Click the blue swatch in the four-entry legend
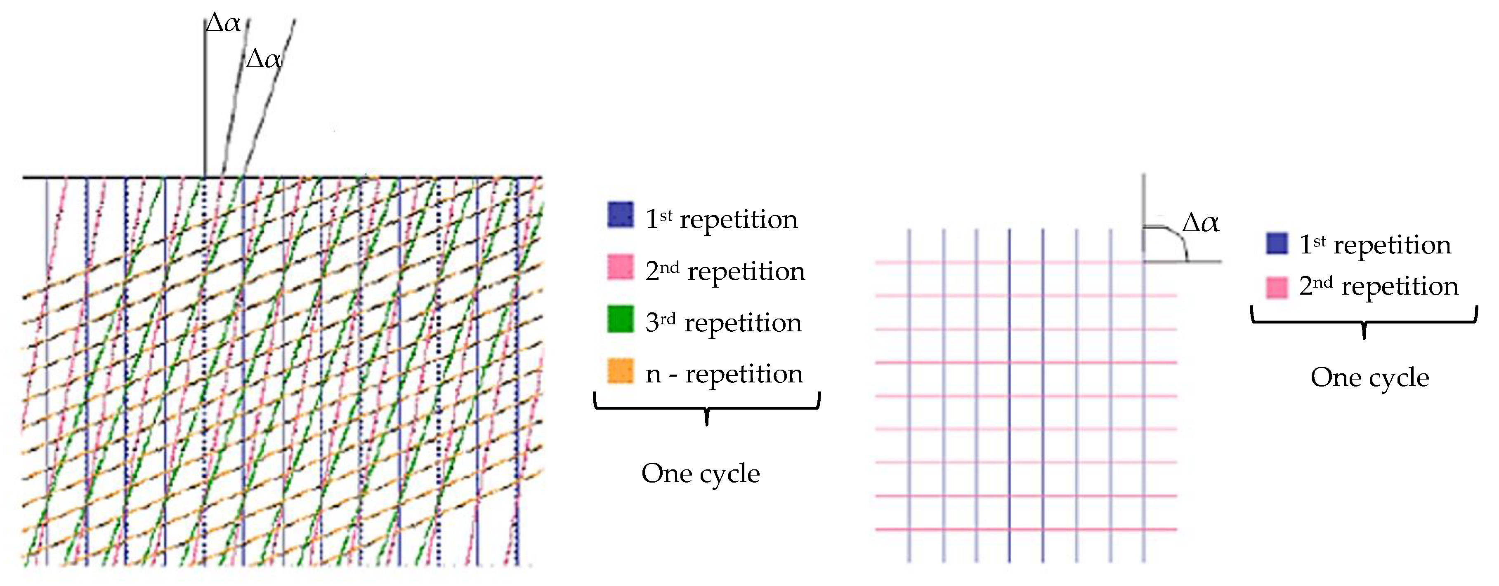point(620,215)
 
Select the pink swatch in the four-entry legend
point(620,267)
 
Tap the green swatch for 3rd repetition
point(620,319)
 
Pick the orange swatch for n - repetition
point(620,371)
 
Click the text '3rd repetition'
point(723,322)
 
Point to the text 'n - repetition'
point(724,373)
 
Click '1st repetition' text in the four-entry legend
point(722,219)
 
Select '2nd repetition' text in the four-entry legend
point(725,271)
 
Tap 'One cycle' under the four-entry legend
point(701,473)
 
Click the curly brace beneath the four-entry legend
point(706,407)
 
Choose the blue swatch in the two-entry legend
point(1277,243)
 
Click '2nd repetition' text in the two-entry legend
point(1379,286)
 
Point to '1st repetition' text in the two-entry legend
point(1375,245)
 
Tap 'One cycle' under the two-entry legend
point(1370,377)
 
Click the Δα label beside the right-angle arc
point(1201,223)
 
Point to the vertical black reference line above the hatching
point(205,99)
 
